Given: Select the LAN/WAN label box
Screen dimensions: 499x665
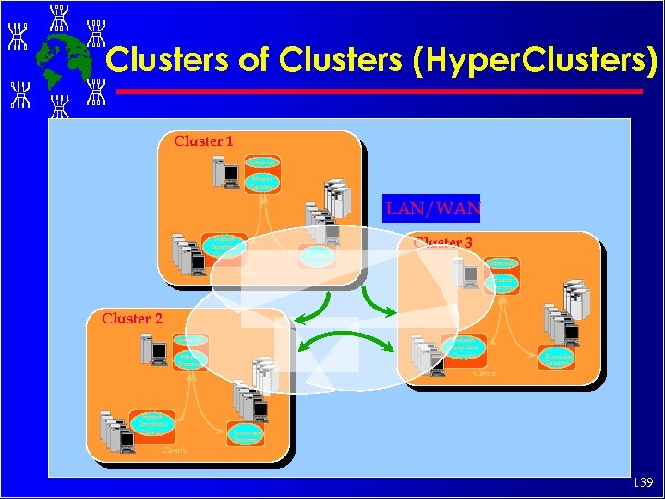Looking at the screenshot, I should [432, 208].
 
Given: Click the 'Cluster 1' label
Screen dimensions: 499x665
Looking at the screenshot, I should [203, 141].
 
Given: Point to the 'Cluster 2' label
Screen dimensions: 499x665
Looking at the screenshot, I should [132, 318].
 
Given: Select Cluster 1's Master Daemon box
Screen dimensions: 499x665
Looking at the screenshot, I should [262, 182].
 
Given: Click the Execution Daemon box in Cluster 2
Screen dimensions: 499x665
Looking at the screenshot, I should [246, 434].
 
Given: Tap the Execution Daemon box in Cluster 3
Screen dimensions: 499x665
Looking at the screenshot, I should [557, 357].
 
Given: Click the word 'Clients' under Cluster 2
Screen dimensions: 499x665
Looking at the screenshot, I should [175, 450].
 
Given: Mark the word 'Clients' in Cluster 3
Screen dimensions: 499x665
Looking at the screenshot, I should [484, 373].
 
